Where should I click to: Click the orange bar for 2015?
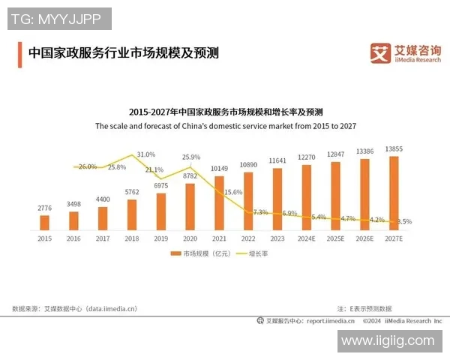coord(44,222)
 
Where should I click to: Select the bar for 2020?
coord(190,205)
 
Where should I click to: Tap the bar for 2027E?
coord(394,192)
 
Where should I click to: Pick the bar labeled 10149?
coord(219,202)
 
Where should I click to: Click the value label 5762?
coord(132,193)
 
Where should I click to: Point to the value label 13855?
coord(394,149)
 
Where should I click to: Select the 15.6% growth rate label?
coord(233,192)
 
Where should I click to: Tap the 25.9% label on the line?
coord(191,157)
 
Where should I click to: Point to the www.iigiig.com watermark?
coord(386,340)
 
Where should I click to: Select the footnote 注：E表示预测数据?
coord(364,308)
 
